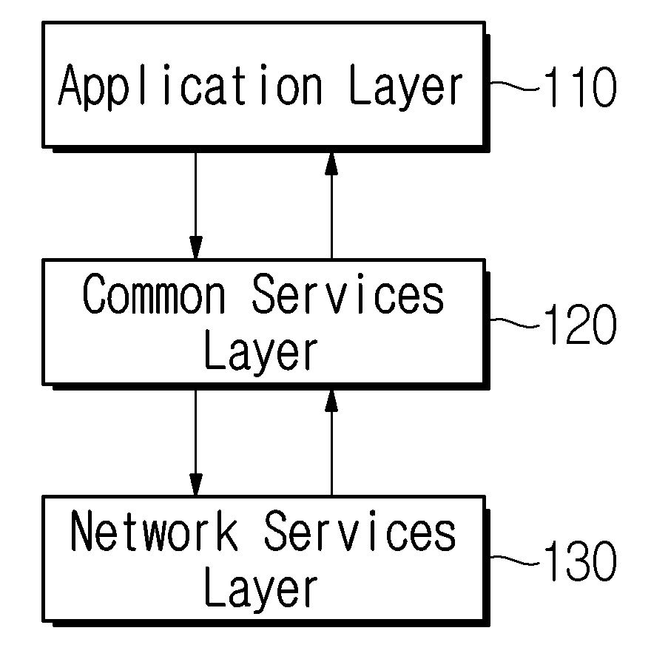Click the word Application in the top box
tap(191, 87)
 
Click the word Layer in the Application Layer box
tap(406, 87)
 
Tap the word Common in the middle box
tap(154, 294)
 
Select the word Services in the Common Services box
tap(348, 294)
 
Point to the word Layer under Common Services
tap(261, 354)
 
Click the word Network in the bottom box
tap(154, 530)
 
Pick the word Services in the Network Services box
tap(360, 530)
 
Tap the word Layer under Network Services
tap(261, 591)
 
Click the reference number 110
tap(580, 87)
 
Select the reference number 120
tap(580, 324)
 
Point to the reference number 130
tap(580, 561)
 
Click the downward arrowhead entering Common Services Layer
tap(196, 248)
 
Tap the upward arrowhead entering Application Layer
tap(331, 164)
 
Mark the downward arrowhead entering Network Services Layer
tap(196, 485)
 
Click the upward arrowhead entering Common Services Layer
tap(331, 401)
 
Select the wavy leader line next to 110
tap(515, 86)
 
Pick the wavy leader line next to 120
tap(515, 322)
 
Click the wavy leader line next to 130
tap(515, 560)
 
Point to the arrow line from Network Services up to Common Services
tap(331, 443)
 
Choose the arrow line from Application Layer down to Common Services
tap(196, 206)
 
